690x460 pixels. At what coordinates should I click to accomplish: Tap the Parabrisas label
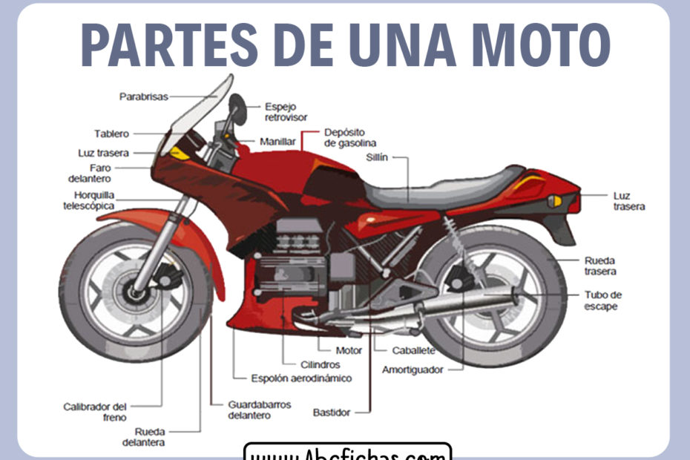coord(144,96)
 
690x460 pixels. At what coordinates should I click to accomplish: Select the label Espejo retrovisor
coord(286,112)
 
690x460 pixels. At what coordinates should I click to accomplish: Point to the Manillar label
coord(277,141)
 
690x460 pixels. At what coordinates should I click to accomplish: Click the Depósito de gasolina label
coord(350,137)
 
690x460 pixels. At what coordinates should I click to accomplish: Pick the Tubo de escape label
coord(602,300)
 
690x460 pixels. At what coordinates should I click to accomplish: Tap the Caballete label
coord(413,350)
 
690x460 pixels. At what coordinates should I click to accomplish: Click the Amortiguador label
coord(413,369)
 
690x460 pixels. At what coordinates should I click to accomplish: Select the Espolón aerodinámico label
coord(301,378)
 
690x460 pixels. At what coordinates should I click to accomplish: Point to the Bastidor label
coord(331,412)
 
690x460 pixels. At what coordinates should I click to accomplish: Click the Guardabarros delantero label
coord(260,410)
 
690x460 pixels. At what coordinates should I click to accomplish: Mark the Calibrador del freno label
coord(95,411)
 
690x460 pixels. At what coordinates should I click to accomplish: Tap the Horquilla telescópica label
coord(89,200)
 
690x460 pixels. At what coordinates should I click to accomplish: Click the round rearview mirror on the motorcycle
coord(237,108)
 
